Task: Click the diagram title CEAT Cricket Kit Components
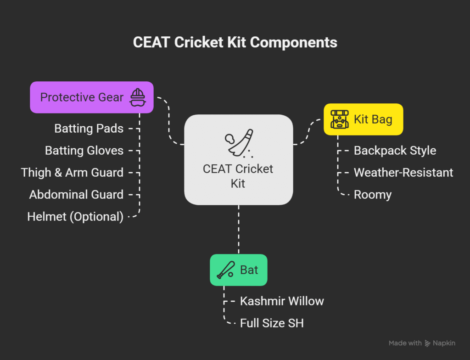pos(235,42)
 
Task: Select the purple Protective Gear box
pos(92,97)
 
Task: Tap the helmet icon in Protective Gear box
pos(138,97)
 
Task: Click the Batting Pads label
pos(89,129)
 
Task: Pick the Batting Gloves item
pos(84,150)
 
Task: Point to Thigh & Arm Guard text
pos(72,173)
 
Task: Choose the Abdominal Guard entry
pos(77,194)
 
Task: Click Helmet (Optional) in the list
pos(75,217)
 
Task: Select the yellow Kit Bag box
pos(364,119)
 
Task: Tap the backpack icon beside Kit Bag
pos(340,119)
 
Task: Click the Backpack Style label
pos(395,150)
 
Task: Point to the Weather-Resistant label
pos(403,173)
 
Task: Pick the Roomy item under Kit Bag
pos(373,195)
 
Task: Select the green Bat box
pos(239,270)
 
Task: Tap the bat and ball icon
pos(226,270)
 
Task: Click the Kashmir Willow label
pos(282,301)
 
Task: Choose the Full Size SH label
pos(272,323)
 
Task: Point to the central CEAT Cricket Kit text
pos(238,176)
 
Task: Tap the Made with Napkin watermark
pos(422,343)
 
